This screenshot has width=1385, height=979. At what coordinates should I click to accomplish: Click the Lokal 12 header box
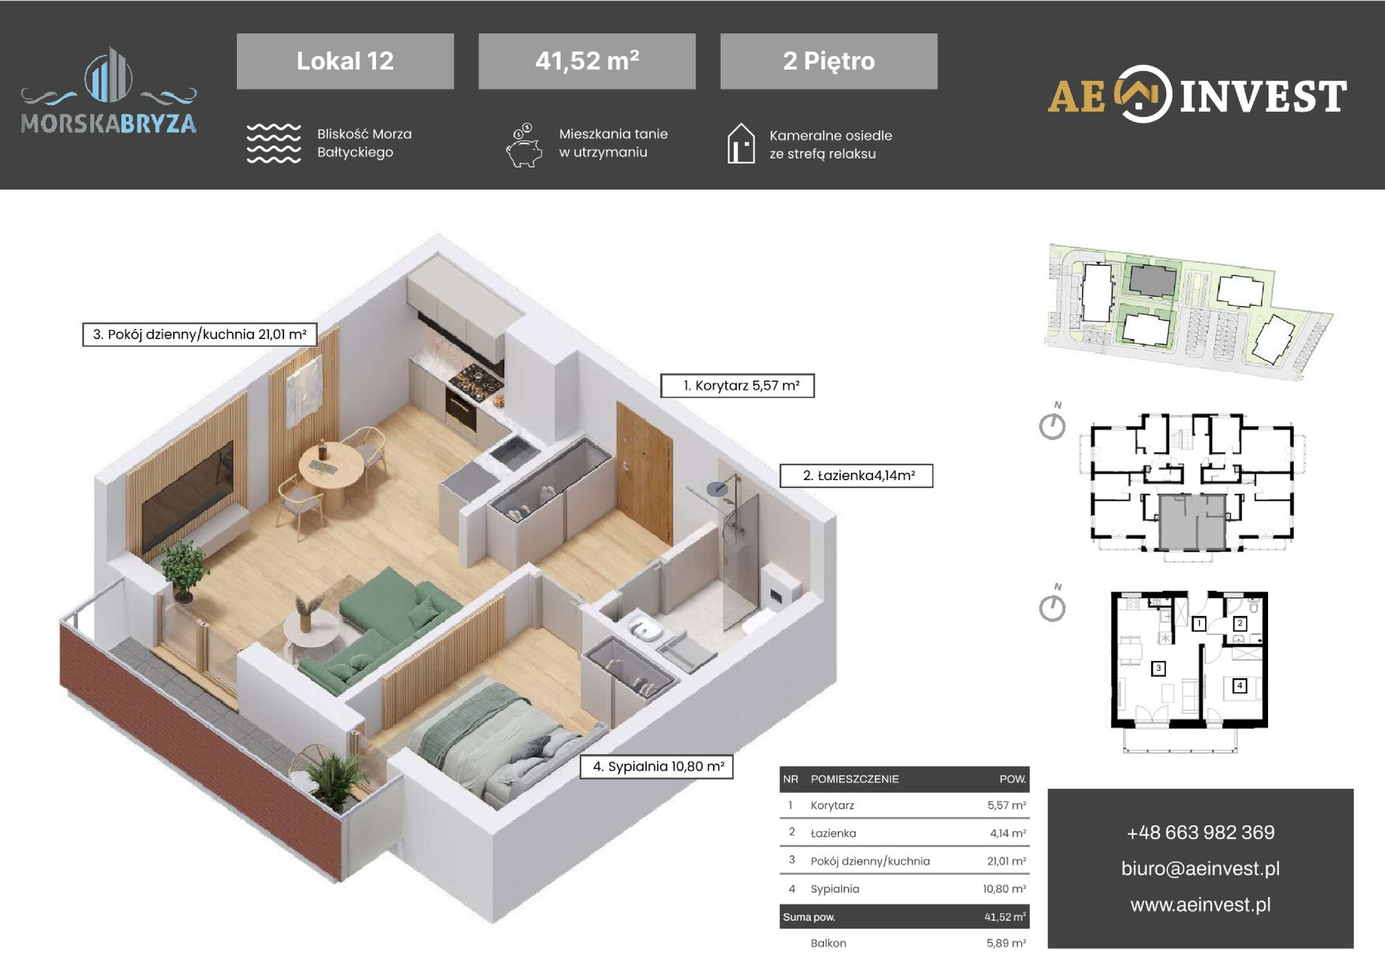[x=345, y=61]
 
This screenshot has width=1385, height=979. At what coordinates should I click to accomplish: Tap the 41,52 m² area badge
[x=587, y=61]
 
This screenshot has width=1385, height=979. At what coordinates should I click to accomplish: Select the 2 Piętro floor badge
[x=828, y=61]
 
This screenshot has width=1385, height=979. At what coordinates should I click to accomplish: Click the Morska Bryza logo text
[x=109, y=123]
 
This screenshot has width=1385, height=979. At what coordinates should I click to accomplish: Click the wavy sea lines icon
[x=274, y=143]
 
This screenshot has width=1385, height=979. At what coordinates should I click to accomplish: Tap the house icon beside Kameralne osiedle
[x=741, y=143]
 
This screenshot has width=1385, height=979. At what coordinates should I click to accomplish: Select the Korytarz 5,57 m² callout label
[x=738, y=386]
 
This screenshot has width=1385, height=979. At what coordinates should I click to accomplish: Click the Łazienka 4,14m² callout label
[x=857, y=476]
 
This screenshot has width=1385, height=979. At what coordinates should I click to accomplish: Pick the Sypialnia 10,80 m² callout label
[x=656, y=767]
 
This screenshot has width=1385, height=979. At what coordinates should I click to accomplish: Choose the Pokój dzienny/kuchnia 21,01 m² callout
[x=199, y=335]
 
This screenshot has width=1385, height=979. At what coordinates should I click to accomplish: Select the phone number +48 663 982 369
[x=1200, y=832]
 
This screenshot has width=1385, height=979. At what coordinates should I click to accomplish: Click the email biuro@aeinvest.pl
[x=1200, y=868]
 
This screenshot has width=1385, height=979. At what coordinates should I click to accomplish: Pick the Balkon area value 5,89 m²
[x=1006, y=943]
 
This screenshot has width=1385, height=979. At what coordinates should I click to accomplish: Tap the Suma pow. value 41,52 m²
[x=1006, y=917]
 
